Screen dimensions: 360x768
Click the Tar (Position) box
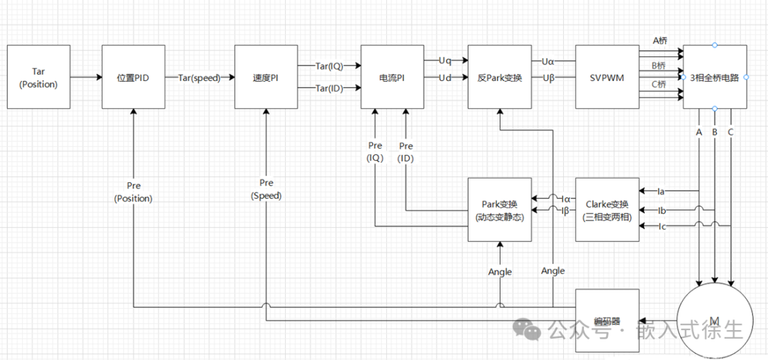click(39, 78)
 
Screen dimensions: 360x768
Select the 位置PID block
click(133, 78)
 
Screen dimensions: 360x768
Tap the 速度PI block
click(266, 78)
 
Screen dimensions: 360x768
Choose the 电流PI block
click(392, 78)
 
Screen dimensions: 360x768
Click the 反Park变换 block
click(499, 78)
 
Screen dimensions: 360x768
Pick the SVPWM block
click(607, 78)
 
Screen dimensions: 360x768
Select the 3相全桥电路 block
click(715, 78)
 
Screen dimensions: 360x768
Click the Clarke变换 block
click(607, 210)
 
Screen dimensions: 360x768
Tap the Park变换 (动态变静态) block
click(499, 210)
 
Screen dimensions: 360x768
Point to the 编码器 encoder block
click(607, 321)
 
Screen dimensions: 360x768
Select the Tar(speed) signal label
click(199, 78)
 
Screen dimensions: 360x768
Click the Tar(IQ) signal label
click(329, 66)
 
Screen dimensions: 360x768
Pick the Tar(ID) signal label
click(329, 88)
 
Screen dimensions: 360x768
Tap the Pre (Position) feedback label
click(133, 192)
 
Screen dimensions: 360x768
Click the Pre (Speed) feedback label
click(266, 189)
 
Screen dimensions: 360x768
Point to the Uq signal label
click(444, 60)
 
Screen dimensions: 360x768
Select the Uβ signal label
click(548, 78)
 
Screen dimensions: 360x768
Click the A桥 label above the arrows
click(659, 41)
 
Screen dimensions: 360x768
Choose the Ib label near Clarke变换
click(661, 211)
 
